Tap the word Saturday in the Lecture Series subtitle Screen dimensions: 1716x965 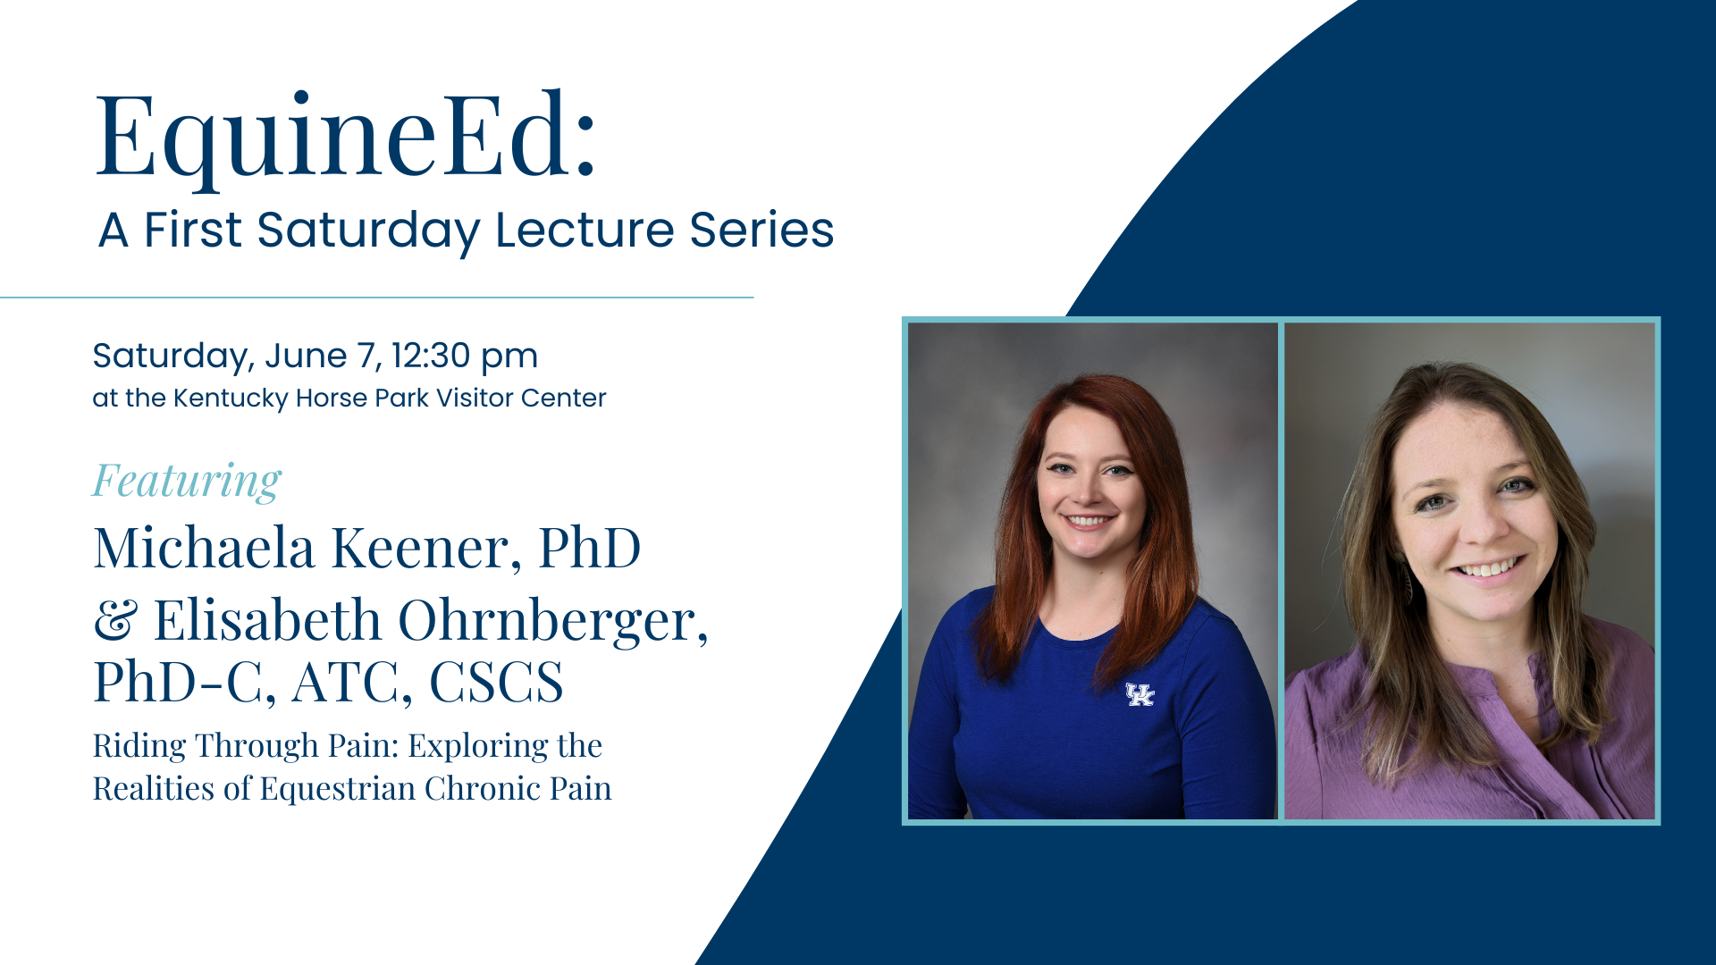(368, 231)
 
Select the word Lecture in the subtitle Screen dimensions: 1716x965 (585, 230)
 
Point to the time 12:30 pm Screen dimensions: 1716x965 (465, 357)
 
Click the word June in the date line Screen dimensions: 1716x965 (306, 356)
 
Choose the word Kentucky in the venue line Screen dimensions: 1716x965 (231, 399)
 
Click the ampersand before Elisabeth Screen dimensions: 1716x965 (116, 620)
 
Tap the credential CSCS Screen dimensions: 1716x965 (497, 683)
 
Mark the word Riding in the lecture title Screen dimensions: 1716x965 (139, 746)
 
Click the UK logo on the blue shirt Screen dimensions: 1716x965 (1140, 694)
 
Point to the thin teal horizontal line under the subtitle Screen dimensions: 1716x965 (376, 297)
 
